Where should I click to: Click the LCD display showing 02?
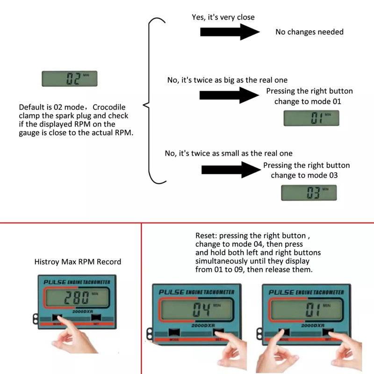click(x=69, y=79)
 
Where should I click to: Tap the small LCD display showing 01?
click(x=311, y=118)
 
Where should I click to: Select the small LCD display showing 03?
click(x=309, y=193)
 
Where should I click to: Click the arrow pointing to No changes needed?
click(x=230, y=32)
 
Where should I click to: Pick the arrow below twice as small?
click(x=230, y=169)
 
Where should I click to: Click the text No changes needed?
click(x=309, y=32)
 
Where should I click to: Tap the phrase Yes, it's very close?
click(x=223, y=17)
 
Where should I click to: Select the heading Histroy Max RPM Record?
click(x=78, y=262)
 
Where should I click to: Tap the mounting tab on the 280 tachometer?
click(x=36, y=318)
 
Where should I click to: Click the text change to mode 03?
click(x=304, y=175)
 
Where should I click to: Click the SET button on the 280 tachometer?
click(x=96, y=318)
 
